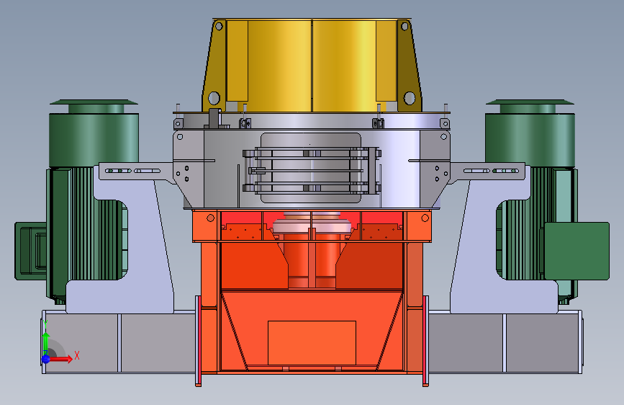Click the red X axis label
(x=77, y=355)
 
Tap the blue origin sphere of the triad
(x=46, y=359)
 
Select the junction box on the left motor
(x=31, y=251)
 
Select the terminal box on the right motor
(x=576, y=251)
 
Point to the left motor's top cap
(x=94, y=107)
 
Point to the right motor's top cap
(x=530, y=107)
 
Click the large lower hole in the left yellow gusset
(x=214, y=98)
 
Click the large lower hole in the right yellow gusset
(x=410, y=98)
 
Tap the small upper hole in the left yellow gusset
(x=219, y=27)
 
